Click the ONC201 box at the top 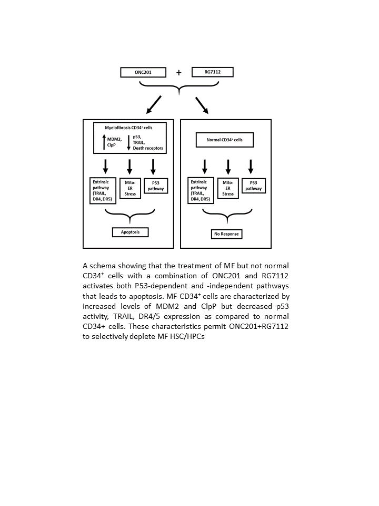click(143, 72)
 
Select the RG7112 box click(212, 72)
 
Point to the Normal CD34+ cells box click(225, 140)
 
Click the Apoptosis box click(129, 232)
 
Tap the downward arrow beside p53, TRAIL click(128, 142)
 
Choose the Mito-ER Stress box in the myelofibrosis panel click(129, 187)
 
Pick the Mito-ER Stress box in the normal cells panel click(227, 187)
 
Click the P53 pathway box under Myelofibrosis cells click(155, 185)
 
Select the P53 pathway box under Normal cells click(253, 185)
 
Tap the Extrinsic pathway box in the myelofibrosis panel click(103, 190)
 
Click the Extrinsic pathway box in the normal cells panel click(201, 190)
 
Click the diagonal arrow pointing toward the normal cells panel click(202, 105)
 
